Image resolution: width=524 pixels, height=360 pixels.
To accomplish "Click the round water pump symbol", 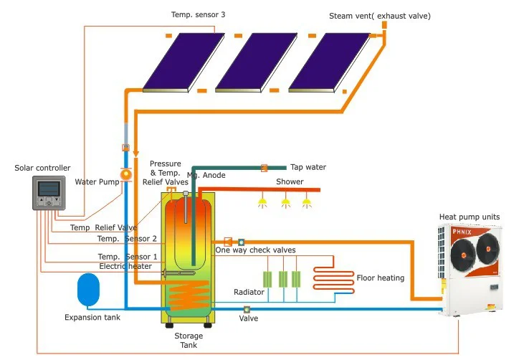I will tap(125, 174).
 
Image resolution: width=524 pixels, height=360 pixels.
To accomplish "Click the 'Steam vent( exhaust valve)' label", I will tap(380, 15).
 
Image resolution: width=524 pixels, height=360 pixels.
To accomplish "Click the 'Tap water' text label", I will tap(308, 167).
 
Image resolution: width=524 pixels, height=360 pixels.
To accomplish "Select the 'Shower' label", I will tap(290, 181).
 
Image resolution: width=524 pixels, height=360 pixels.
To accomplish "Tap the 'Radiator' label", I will tap(249, 292).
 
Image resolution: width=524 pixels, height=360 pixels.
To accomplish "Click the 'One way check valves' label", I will tap(255, 250).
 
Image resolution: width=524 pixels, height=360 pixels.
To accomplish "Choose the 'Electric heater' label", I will tap(125, 266).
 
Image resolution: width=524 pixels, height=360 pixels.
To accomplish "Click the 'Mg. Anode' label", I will tap(206, 175).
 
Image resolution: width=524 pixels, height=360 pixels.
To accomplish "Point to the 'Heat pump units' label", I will tap(469, 217).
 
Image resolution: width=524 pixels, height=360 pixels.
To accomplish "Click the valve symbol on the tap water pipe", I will tap(264, 167).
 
